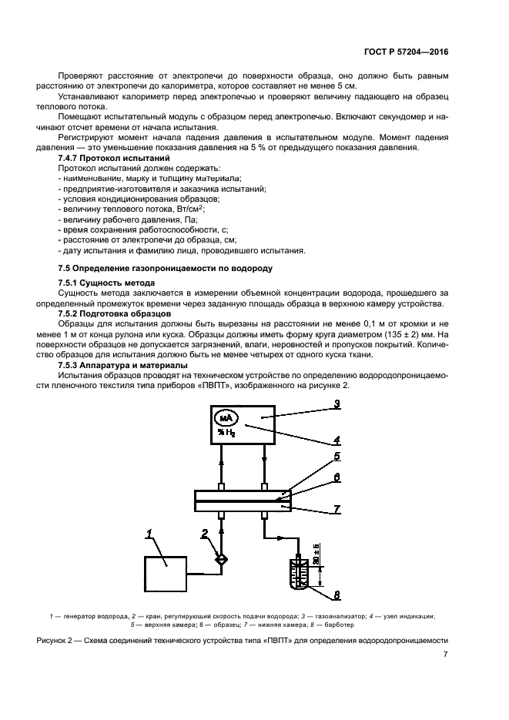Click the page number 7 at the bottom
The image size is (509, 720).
(x=445, y=655)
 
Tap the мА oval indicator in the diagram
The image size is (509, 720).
(x=226, y=418)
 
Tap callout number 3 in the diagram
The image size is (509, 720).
(x=337, y=403)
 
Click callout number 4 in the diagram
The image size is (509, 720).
(x=337, y=441)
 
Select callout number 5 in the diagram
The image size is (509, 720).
(x=337, y=456)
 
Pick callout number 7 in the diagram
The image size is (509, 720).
(x=337, y=509)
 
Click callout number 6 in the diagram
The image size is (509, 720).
(x=337, y=477)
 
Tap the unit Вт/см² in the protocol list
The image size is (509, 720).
(x=187, y=208)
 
